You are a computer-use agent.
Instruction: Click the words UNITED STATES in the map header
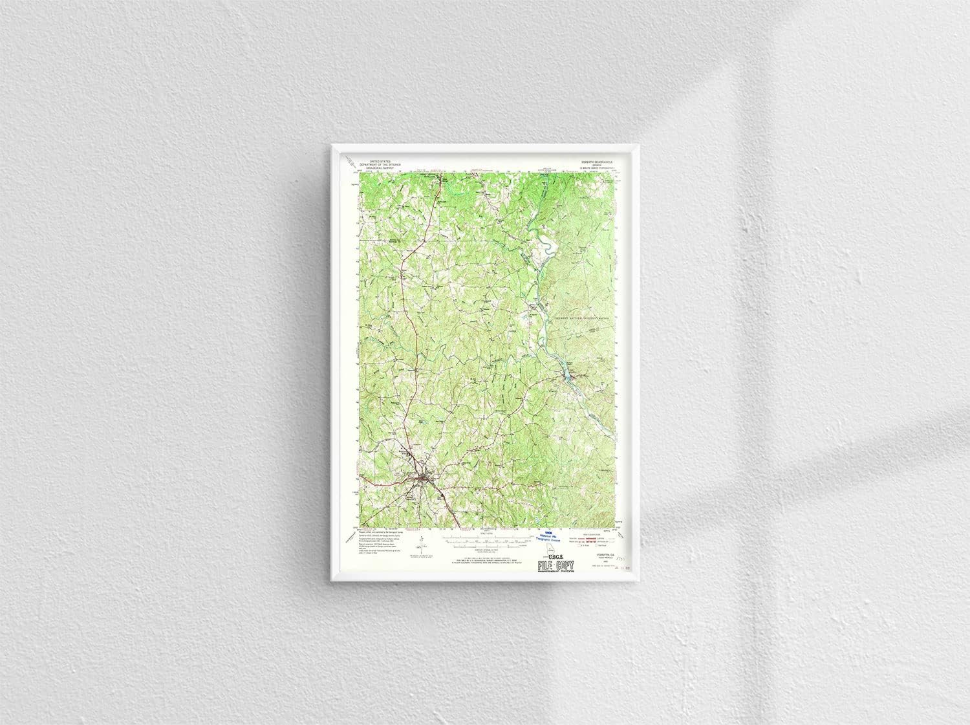[x=379, y=159]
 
